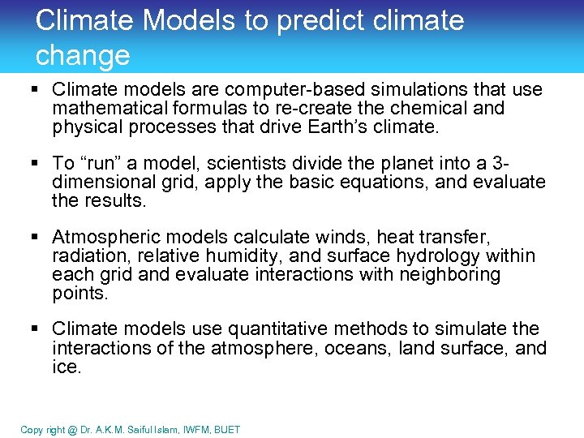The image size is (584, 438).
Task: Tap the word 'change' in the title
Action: click(83, 55)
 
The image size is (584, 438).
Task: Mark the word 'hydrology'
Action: click(410, 255)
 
